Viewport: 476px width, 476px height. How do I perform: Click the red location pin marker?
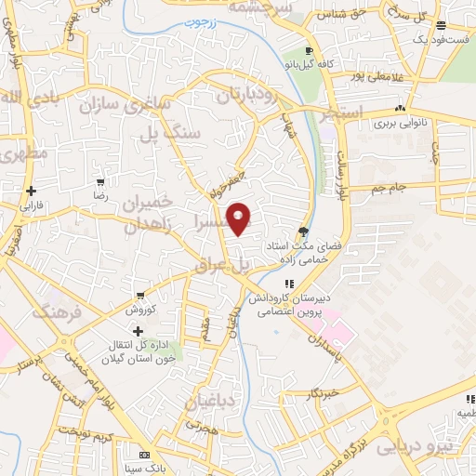click(240, 218)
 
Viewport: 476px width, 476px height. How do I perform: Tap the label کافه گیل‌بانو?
click(311, 67)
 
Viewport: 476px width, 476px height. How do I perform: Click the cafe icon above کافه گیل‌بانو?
click(310, 51)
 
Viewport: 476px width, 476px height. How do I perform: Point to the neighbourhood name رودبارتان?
click(248, 95)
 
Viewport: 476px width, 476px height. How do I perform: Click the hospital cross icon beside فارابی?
click(32, 190)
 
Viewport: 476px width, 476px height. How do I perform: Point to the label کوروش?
click(139, 308)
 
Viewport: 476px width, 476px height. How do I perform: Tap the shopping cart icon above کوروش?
click(139, 294)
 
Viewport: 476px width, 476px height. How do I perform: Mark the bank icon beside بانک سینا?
click(142, 456)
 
